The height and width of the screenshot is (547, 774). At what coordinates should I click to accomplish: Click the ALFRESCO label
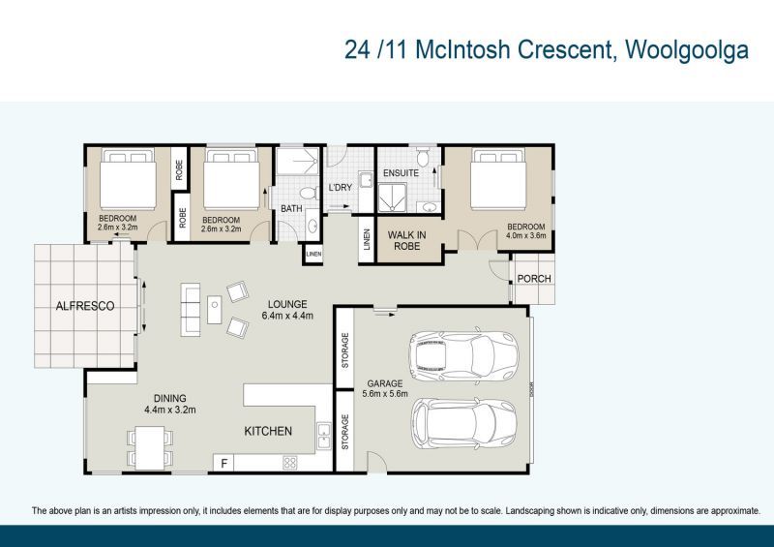[x=85, y=306]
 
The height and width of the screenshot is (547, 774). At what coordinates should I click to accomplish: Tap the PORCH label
[x=533, y=279]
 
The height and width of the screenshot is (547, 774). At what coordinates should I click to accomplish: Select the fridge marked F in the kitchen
[x=224, y=463]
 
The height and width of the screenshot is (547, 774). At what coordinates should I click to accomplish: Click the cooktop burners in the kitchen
[x=289, y=463]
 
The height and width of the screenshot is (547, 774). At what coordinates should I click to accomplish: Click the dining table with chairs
[x=150, y=446]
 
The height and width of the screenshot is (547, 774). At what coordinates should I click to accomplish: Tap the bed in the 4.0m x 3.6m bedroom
[x=497, y=183]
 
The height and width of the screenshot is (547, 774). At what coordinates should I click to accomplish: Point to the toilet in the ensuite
[x=423, y=157]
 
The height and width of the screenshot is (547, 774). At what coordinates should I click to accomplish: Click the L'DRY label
[x=340, y=187]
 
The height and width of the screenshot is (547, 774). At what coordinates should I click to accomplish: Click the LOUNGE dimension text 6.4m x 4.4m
[x=287, y=316]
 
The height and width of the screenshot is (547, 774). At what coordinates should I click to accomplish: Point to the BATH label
[x=291, y=209]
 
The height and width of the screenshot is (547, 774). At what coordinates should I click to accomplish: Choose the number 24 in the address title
[x=356, y=49]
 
